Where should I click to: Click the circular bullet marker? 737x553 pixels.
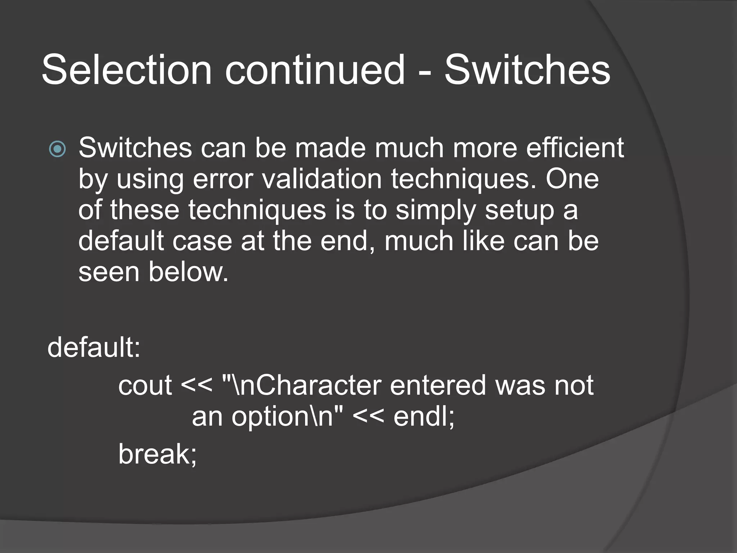click(x=58, y=149)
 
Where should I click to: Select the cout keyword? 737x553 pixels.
click(x=145, y=386)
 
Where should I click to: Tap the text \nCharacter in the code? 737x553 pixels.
click(x=306, y=386)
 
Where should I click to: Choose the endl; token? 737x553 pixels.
click(x=424, y=417)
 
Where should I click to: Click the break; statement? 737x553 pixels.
click(x=158, y=454)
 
